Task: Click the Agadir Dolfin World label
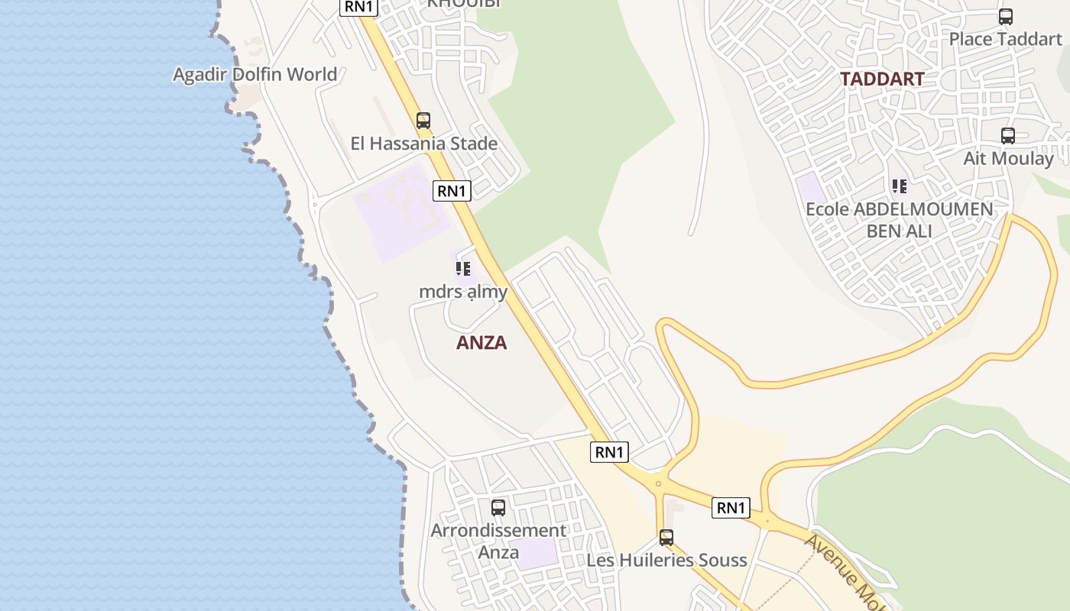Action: coord(255,74)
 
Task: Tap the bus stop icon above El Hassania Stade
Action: coord(423,120)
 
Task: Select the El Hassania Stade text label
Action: coord(423,144)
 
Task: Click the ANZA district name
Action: coord(481,342)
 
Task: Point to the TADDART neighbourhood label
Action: coord(882,79)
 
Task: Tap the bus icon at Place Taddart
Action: coord(1006,16)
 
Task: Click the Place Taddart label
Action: coord(1005,39)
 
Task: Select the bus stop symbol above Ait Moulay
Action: coord(1008,136)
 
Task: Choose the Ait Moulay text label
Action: coord(1008,159)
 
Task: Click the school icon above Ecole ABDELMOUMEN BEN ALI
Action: coord(899,186)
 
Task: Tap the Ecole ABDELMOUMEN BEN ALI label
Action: coord(899,219)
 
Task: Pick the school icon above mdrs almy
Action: coord(462,268)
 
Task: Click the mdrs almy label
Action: coord(463,292)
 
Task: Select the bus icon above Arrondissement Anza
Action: coord(498,507)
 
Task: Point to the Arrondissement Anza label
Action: coord(498,541)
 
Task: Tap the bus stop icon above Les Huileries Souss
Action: coord(666,537)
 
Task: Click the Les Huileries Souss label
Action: coord(666,560)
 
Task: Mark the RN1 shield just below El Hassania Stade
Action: coord(451,191)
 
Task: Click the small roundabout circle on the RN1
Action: coord(658,483)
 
